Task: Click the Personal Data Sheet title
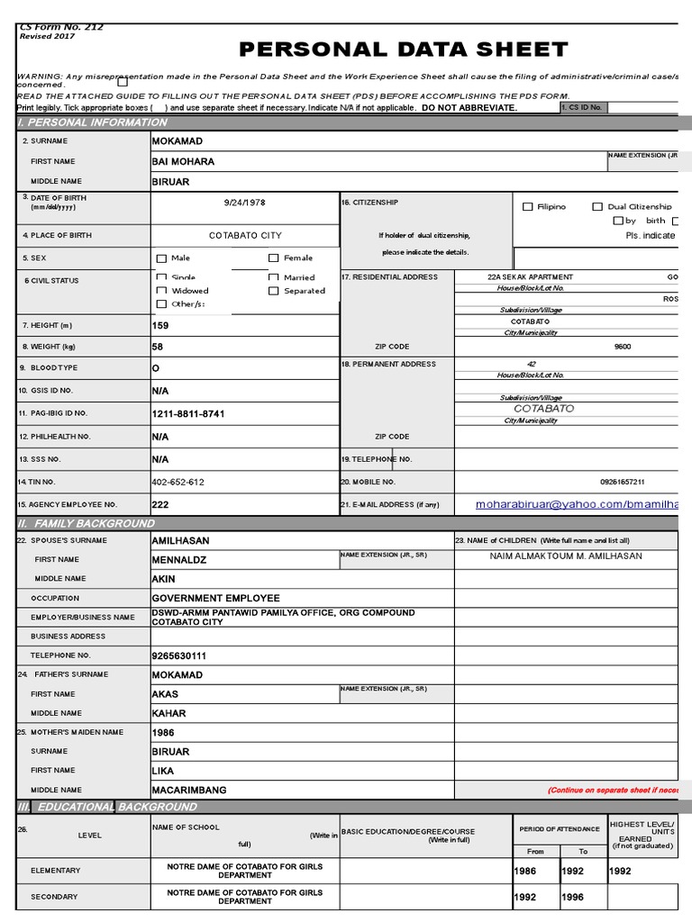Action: pos(403,50)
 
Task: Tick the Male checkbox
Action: pos(162,258)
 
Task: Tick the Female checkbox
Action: pos(274,258)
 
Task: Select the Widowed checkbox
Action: pos(162,291)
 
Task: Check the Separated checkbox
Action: pos(274,291)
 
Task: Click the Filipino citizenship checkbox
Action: pos(528,207)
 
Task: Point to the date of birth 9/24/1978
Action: pos(246,203)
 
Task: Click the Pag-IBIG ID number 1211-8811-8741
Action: pos(188,414)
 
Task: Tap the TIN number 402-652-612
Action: pos(178,483)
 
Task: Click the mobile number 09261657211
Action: pos(622,483)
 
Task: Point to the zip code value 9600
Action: pos(623,346)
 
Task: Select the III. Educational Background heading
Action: pos(107,807)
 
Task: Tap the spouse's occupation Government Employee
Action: pos(215,598)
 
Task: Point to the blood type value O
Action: pos(156,368)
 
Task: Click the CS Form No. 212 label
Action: pos(61,28)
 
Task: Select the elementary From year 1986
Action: pos(526,872)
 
